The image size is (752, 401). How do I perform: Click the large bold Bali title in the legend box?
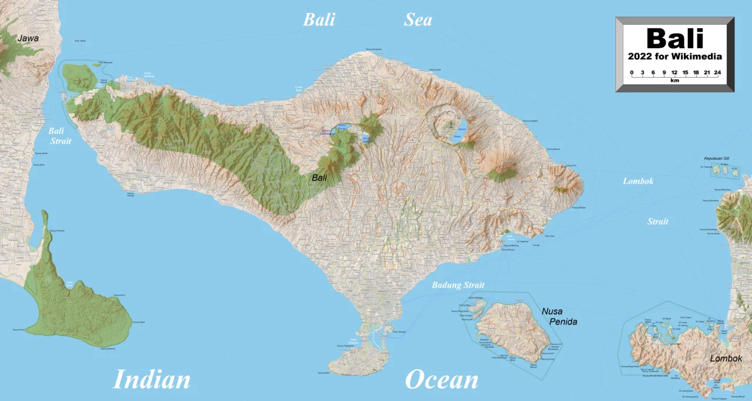(x=674, y=39)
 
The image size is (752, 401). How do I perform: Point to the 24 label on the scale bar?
(x=717, y=73)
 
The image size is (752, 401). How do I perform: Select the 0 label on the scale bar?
(x=632, y=73)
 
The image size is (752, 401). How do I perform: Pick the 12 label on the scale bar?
(x=674, y=73)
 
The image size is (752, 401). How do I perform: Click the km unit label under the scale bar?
(x=674, y=81)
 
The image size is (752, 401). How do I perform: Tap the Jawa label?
(x=28, y=39)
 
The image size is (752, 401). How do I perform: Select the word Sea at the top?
(x=418, y=20)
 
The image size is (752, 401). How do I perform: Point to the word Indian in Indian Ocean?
(x=152, y=379)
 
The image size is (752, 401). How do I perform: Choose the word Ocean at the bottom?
(x=441, y=379)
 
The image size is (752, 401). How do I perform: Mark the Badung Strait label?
(x=458, y=286)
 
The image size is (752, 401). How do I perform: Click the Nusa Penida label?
(x=559, y=316)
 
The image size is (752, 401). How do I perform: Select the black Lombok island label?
(x=726, y=358)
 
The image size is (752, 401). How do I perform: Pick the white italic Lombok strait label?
(x=638, y=181)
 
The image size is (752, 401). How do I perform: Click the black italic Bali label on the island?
(x=320, y=178)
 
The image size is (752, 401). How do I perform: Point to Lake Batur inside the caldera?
(x=459, y=133)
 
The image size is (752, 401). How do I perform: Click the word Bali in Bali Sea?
(x=319, y=20)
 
